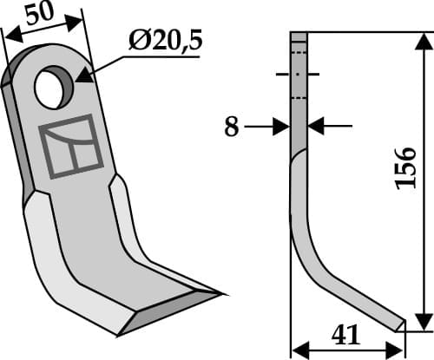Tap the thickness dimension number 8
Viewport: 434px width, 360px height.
click(231, 128)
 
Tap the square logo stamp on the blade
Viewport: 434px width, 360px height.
click(71, 146)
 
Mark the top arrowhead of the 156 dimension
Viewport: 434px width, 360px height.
click(423, 40)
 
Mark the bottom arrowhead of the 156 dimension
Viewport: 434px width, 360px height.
click(423, 322)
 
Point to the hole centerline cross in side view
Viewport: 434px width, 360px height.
click(299, 75)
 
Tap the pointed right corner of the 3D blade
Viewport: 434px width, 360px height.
click(220, 292)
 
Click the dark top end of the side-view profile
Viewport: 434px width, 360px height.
click(299, 40)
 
